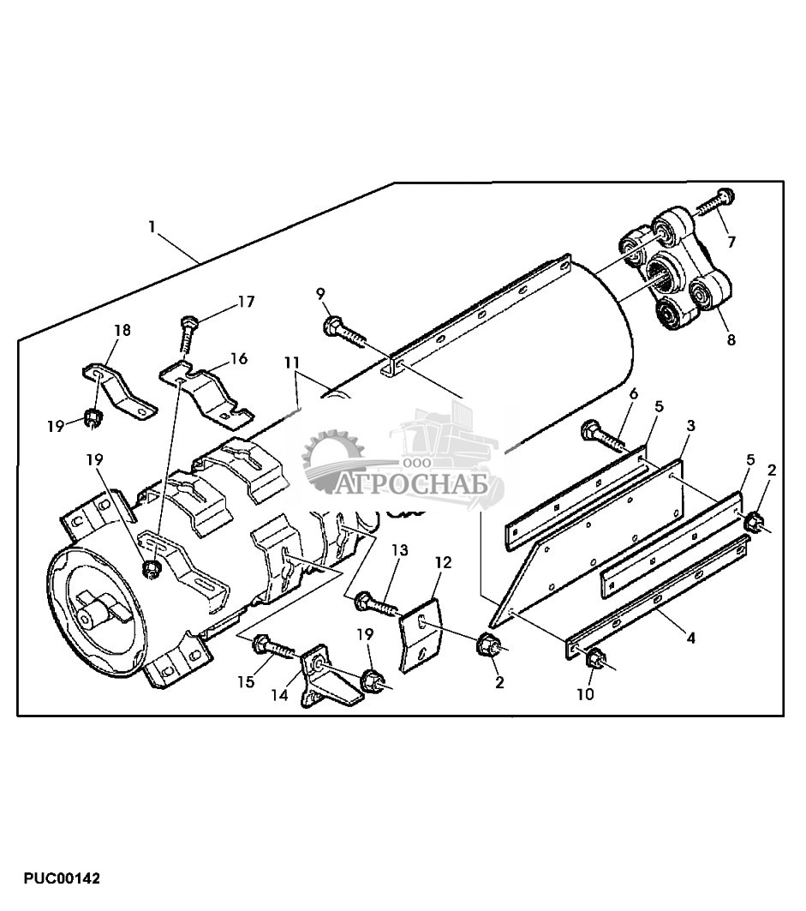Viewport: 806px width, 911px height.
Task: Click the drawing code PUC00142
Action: click(63, 879)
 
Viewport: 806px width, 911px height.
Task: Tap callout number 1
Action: click(152, 227)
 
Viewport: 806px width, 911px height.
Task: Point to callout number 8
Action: click(731, 339)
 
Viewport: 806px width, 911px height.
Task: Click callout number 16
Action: click(238, 358)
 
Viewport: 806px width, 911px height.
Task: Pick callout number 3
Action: click(690, 425)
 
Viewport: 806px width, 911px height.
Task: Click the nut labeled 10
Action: click(594, 660)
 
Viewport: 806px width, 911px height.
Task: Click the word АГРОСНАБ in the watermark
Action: click(412, 486)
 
